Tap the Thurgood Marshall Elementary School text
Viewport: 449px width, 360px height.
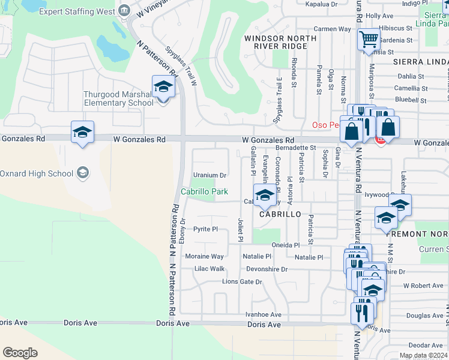118,98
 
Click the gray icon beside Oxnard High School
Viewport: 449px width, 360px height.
83,173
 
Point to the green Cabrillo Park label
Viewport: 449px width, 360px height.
205,191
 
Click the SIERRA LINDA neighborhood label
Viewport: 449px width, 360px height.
420,62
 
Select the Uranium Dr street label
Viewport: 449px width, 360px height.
209,175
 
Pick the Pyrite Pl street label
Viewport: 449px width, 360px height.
205,229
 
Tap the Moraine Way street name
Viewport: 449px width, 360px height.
204,256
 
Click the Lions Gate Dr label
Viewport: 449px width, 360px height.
243,281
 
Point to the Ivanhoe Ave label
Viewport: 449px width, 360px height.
262,314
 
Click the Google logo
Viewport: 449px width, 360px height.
20,352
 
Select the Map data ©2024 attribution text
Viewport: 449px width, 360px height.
423,355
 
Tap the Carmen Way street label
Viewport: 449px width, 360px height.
332,29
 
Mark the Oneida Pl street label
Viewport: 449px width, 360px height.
285,245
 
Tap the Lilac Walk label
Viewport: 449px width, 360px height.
209,269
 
